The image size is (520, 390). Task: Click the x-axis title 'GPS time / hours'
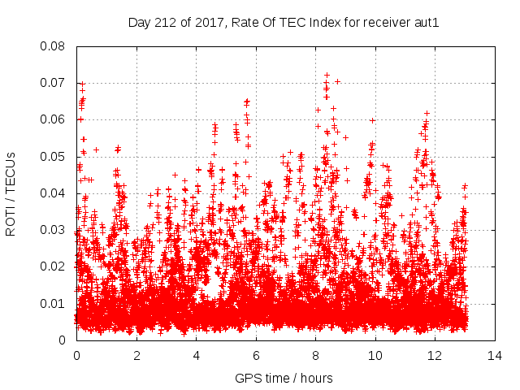(284, 378)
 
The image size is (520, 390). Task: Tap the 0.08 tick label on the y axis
(54, 46)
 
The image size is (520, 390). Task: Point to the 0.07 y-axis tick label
(54, 83)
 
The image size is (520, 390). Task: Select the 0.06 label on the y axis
(54, 119)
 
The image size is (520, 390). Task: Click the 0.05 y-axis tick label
(54, 157)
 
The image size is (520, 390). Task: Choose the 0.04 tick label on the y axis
(54, 193)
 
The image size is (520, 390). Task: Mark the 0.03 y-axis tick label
(54, 230)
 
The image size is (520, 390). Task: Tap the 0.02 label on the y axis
(54, 266)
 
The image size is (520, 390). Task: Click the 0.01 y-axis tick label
(54, 304)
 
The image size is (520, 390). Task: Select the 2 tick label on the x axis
(136, 355)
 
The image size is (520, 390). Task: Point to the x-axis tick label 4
(197, 355)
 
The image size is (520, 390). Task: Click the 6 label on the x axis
(257, 355)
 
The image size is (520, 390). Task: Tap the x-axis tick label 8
(316, 355)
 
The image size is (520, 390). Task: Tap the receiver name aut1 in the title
(427, 23)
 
